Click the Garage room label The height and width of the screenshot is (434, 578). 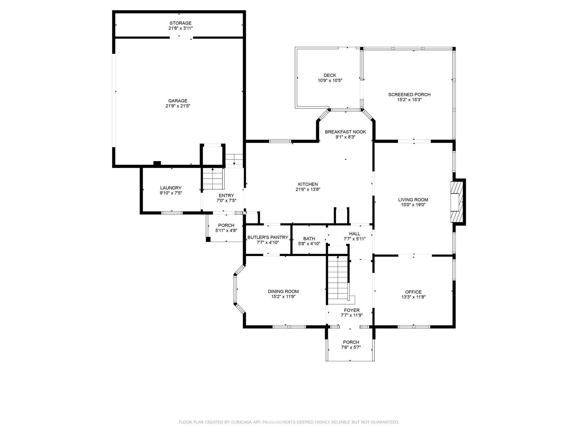click(x=178, y=101)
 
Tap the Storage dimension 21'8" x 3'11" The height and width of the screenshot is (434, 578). click(x=180, y=28)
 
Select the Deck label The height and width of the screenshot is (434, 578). click(x=330, y=75)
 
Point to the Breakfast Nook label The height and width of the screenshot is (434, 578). click(x=345, y=132)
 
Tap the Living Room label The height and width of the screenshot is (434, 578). click(x=413, y=200)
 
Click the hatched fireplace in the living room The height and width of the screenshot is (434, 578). click(x=457, y=202)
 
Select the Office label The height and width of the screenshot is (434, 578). click(x=413, y=292)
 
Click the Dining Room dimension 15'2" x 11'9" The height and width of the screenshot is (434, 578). click(x=283, y=297)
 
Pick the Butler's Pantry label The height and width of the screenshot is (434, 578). click(x=268, y=238)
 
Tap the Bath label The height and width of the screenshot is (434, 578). click(x=309, y=239)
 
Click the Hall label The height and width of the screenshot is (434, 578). click(x=354, y=234)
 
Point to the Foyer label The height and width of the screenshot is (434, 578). click(x=352, y=310)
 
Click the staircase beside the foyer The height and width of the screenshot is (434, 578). click(x=337, y=278)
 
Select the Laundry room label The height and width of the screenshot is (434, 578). click(x=171, y=188)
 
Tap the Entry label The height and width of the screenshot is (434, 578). click(x=226, y=196)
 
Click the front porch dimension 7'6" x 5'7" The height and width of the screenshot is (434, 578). click(x=351, y=348)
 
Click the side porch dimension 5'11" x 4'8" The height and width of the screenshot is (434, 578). click(x=226, y=231)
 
